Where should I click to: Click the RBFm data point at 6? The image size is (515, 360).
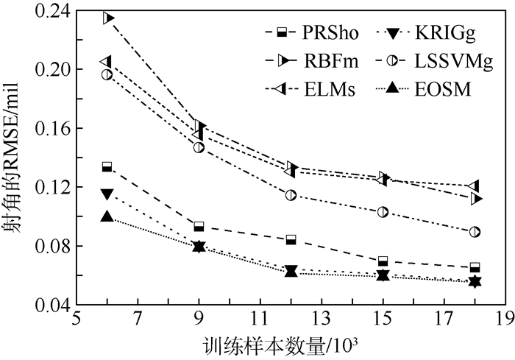click(107, 18)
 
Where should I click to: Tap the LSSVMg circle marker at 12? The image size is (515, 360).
click(291, 195)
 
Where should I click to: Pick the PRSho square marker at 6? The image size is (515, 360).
click(107, 167)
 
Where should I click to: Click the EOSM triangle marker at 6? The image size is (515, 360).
click(107, 216)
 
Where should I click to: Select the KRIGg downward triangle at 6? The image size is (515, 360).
click(107, 194)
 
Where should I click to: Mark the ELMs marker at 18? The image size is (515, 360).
click(474, 186)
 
